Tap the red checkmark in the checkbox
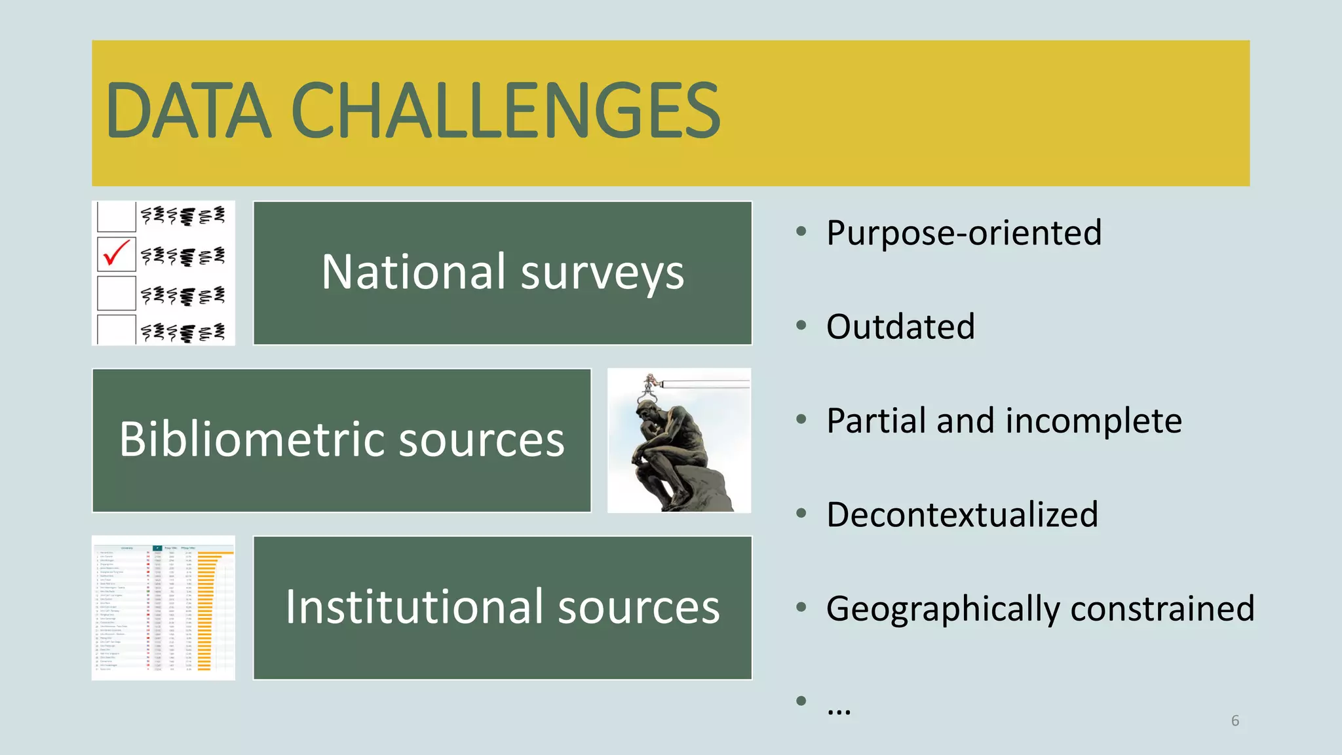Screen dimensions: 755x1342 point(117,253)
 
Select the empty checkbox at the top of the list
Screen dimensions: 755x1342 point(116,216)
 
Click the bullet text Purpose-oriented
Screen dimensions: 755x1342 point(963,233)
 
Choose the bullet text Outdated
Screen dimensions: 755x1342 point(900,326)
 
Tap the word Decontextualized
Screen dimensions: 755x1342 point(961,514)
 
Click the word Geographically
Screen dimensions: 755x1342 point(942,609)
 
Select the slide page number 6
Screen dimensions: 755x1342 point(1235,721)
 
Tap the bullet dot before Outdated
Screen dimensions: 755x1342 point(801,325)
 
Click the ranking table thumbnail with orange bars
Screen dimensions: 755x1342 point(163,608)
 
